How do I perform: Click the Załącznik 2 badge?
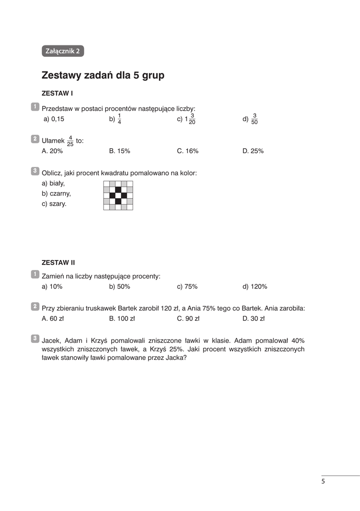pyautogui.click(x=63, y=51)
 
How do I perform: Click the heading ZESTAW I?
pyautogui.click(x=57, y=93)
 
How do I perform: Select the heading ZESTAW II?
pyautogui.click(x=58, y=262)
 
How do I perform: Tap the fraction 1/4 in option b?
pyautogui.click(x=119, y=119)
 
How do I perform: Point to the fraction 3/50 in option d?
pyautogui.click(x=254, y=119)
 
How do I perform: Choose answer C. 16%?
pyautogui.click(x=187, y=151)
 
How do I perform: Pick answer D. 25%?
pyautogui.click(x=253, y=151)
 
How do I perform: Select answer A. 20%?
pyautogui.click(x=52, y=151)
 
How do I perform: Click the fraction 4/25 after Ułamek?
pyautogui.click(x=70, y=141)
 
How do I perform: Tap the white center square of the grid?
pyautogui.click(x=118, y=196)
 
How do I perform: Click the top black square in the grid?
pyautogui.click(x=118, y=190)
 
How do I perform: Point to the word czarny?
pyautogui.click(x=60, y=193)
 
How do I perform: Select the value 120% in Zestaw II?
pyautogui.click(x=259, y=286)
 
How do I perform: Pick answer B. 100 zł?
pyautogui.click(x=122, y=318)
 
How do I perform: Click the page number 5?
pyautogui.click(x=323, y=481)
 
